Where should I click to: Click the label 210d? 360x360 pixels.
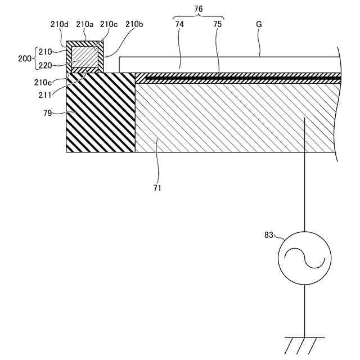pyautogui.click(x=59, y=24)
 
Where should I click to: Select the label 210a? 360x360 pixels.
pyautogui.click(x=84, y=24)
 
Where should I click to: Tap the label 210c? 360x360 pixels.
pyautogui.click(x=108, y=24)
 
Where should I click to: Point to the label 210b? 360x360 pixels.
pyautogui.click(x=134, y=24)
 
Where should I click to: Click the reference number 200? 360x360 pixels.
pyautogui.click(x=25, y=58)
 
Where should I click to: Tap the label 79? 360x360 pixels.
pyautogui.click(x=48, y=113)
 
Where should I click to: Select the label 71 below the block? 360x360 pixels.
pyautogui.click(x=157, y=188)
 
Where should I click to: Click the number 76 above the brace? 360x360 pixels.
pyautogui.click(x=198, y=8)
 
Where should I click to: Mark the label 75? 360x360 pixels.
pyautogui.click(x=218, y=25)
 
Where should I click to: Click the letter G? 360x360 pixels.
pyautogui.click(x=259, y=25)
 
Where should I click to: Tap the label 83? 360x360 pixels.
pyautogui.click(x=270, y=235)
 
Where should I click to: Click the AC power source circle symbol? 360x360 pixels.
pyautogui.click(x=304, y=258)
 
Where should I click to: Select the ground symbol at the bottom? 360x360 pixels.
pyautogui.click(x=304, y=343)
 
